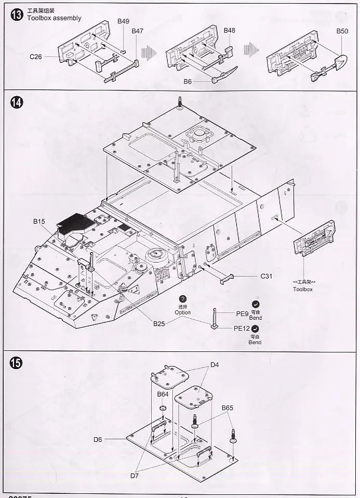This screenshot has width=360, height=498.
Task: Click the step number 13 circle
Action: (x=16, y=15)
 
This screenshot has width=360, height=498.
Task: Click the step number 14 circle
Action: (x=16, y=102)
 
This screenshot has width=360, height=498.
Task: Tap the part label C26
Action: (x=35, y=57)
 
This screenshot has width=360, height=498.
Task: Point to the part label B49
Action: (x=123, y=21)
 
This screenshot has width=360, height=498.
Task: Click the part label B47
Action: (x=137, y=31)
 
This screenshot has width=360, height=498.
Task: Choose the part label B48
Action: (x=229, y=31)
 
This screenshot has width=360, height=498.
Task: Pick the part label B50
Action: (x=342, y=31)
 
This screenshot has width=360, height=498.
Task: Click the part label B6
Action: (x=188, y=82)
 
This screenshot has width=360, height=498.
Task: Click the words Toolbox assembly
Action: (x=55, y=18)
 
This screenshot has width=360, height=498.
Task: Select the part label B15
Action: (x=39, y=221)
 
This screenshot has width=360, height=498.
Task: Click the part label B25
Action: (x=159, y=323)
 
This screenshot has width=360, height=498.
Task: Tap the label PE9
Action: (x=243, y=313)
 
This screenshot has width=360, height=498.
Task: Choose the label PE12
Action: (x=242, y=329)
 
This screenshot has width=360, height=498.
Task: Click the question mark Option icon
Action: (x=182, y=299)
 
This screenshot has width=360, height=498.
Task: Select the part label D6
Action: (x=98, y=439)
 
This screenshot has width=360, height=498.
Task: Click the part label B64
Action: (x=163, y=395)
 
